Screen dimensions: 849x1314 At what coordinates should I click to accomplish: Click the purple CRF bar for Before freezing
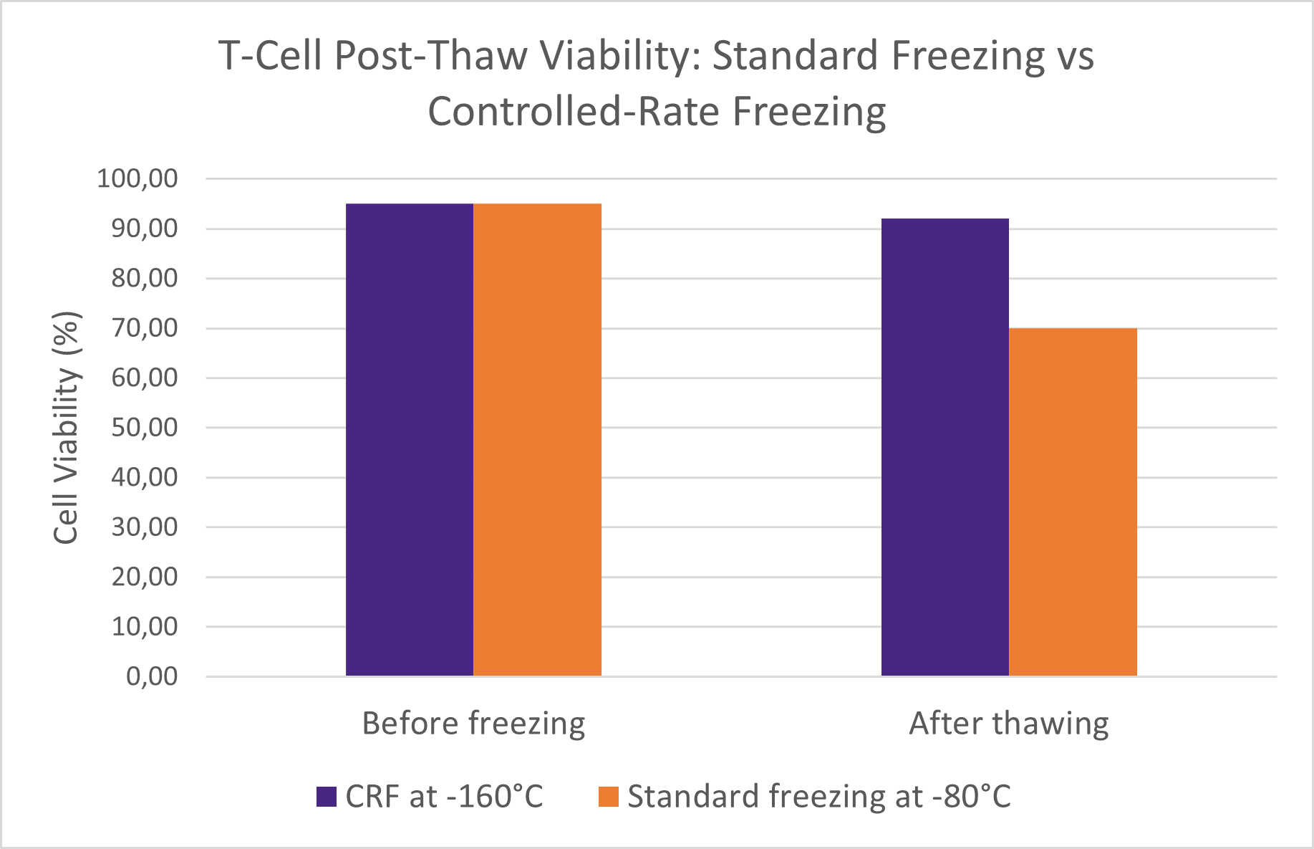point(410,440)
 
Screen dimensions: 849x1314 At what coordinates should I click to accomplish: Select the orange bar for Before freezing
point(538,440)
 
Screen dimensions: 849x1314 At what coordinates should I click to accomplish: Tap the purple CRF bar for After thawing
point(945,447)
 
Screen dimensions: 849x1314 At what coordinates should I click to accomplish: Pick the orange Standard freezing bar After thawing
point(1073,502)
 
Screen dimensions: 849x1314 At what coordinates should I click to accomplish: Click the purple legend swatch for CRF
point(327,797)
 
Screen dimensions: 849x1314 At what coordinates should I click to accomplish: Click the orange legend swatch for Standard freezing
point(608,797)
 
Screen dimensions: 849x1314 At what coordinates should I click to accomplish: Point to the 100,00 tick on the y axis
point(137,178)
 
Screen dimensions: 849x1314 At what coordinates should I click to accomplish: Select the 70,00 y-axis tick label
point(145,328)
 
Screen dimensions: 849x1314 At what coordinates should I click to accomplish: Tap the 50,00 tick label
point(145,427)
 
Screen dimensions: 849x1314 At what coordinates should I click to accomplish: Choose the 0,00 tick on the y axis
point(152,676)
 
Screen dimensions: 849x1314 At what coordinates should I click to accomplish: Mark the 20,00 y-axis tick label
point(145,576)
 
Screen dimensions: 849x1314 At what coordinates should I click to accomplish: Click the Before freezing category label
point(473,724)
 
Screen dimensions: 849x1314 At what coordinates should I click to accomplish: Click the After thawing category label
point(1008,724)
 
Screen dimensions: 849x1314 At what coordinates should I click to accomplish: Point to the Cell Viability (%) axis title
point(67,427)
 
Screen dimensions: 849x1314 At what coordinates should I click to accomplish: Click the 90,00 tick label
point(145,229)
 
